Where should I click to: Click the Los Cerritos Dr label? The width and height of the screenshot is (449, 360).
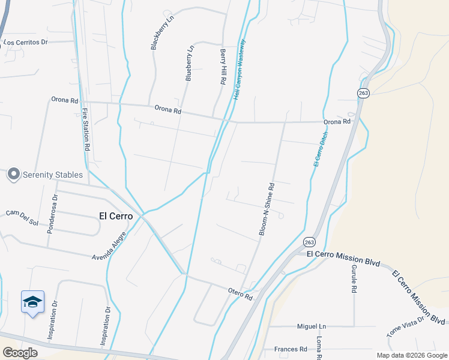click(34, 43)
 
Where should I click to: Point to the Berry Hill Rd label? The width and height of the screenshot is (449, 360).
click(223, 67)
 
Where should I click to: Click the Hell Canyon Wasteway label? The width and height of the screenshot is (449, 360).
click(240, 69)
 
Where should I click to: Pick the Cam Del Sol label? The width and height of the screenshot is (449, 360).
click(22, 218)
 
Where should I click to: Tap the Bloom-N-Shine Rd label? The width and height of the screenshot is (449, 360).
click(267, 208)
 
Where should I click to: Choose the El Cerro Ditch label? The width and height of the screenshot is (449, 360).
click(321, 149)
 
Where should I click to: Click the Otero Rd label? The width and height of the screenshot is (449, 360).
click(240, 294)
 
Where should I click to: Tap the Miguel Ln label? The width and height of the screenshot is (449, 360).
click(311, 326)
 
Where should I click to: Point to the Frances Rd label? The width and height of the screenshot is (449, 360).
click(291, 349)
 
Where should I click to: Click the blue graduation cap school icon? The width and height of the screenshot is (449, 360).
click(33, 302)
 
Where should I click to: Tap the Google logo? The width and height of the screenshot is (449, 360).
click(20, 353)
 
